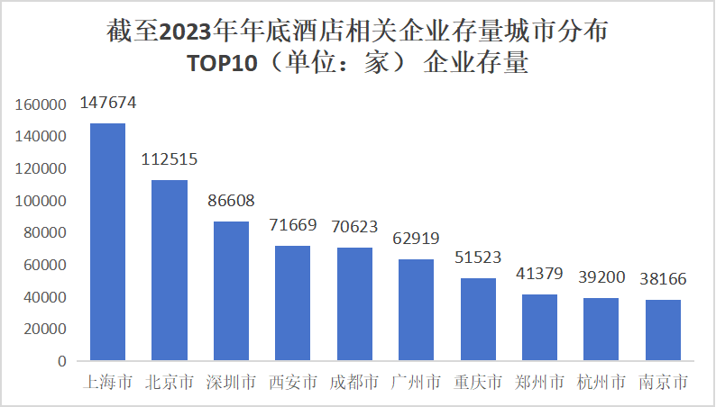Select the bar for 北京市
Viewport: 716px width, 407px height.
169,270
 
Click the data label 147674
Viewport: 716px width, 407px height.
108,103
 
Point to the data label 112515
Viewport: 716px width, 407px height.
170,159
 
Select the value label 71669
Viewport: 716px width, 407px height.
293,225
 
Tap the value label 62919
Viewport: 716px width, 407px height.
417,240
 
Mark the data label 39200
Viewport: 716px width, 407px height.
601,278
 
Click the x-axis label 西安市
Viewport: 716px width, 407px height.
293,383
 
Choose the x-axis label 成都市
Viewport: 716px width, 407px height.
354,383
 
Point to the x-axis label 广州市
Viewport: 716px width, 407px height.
417,383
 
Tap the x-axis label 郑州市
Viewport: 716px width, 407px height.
540,383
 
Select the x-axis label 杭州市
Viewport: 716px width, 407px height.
601,383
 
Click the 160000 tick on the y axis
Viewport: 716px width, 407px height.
41,104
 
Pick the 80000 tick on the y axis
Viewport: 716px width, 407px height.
45,233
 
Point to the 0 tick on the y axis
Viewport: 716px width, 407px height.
62,361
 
